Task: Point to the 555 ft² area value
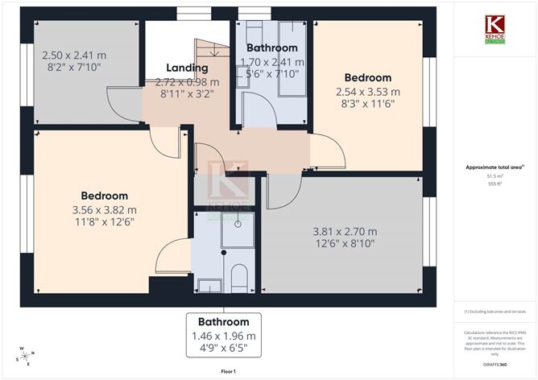(495, 184)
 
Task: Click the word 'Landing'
(187, 68)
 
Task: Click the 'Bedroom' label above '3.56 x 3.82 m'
(104, 196)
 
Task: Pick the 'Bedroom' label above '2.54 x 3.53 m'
(367, 79)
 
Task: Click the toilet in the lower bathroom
(239, 277)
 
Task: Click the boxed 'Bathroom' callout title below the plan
(223, 322)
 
